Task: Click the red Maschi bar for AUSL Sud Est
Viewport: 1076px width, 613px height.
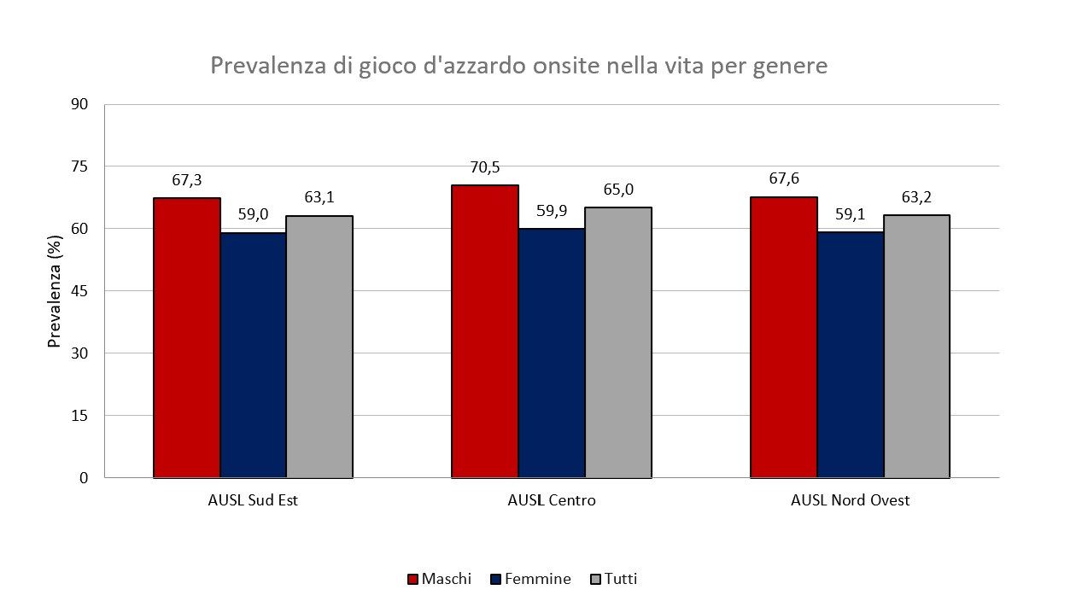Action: point(187,337)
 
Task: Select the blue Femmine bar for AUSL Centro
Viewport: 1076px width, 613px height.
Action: point(552,353)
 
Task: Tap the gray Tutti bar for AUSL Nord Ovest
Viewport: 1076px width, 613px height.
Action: point(916,346)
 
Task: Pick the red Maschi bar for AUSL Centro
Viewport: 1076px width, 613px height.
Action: point(485,330)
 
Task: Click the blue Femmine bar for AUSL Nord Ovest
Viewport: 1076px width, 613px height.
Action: point(851,354)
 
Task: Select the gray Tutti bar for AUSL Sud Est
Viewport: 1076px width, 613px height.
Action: point(319,346)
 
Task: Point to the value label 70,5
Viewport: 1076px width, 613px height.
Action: point(484,167)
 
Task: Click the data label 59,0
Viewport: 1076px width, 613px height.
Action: point(253,214)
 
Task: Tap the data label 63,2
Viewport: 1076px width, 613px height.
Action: point(916,198)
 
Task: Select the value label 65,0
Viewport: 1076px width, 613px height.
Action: point(618,190)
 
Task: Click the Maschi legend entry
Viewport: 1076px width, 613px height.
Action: point(439,579)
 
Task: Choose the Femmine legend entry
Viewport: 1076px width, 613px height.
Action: point(530,579)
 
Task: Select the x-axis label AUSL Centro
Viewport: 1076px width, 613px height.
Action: point(552,500)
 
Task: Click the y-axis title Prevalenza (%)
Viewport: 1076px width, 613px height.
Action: point(56,291)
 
